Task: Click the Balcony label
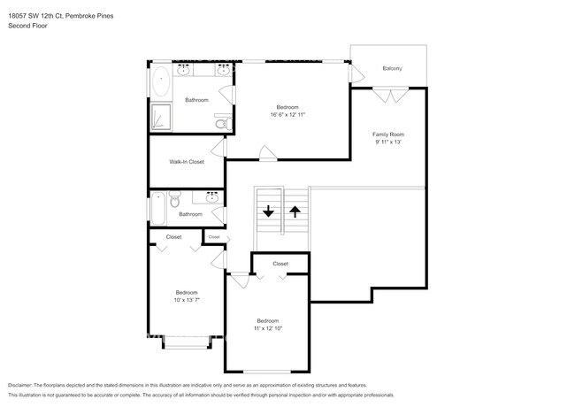(393, 68)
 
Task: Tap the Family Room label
(388, 134)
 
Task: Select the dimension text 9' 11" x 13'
(388, 142)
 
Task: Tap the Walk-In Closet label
(187, 162)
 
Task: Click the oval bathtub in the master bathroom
(160, 83)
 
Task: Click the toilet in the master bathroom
(222, 122)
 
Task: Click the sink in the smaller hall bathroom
(212, 198)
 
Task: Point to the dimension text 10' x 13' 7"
(186, 300)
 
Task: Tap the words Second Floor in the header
(28, 26)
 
